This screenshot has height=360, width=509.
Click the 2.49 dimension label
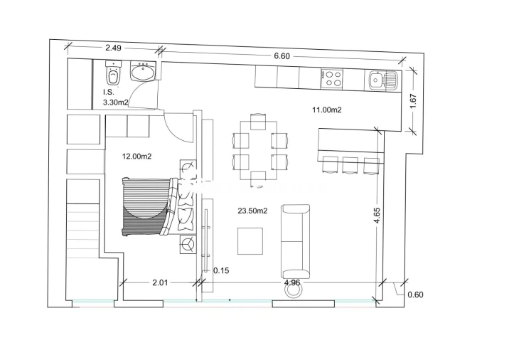(x=114, y=48)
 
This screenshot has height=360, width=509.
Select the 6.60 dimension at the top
(x=282, y=56)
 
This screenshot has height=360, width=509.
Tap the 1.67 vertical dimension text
(x=413, y=101)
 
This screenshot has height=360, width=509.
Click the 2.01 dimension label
(x=160, y=282)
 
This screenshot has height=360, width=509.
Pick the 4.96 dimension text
(x=292, y=282)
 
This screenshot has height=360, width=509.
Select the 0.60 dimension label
(x=415, y=294)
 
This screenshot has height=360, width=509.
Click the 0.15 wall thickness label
(x=221, y=270)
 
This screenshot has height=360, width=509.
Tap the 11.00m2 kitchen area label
(x=327, y=110)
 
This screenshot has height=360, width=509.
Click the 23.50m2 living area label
(x=252, y=211)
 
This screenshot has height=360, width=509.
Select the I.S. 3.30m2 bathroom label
(x=115, y=97)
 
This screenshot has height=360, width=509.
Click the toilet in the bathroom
(x=113, y=74)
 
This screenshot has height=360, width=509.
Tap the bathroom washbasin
(x=143, y=72)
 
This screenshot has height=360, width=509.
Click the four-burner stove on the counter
(x=332, y=78)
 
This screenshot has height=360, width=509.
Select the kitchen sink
(x=377, y=79)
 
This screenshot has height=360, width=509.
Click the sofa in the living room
(x=296, y=240)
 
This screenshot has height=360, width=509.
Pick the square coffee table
(x=250, y=240)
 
